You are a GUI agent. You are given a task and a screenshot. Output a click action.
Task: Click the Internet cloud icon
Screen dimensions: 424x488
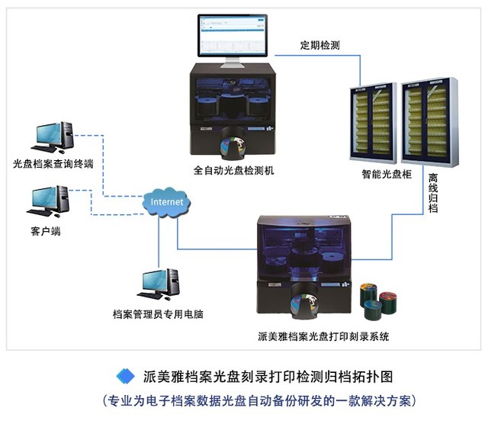pos(167,202)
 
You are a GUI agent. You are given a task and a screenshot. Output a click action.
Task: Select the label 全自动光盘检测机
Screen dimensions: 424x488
pos(233,170)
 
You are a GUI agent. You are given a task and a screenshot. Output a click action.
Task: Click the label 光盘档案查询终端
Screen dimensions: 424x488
pos(53,164)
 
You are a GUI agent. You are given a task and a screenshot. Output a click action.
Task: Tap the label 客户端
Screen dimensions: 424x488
pos(45,231)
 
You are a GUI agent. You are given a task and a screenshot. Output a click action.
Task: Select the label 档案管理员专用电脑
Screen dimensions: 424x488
pos(157,313)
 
